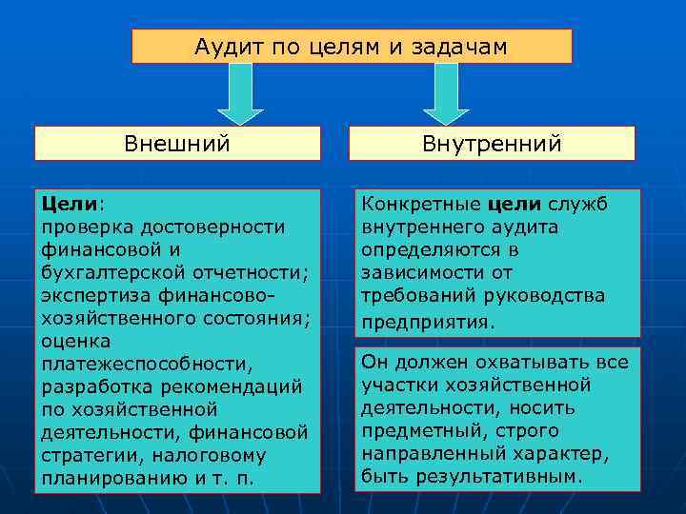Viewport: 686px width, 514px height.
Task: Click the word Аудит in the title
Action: pos(223,46)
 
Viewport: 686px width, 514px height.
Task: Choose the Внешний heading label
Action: pos(177,144)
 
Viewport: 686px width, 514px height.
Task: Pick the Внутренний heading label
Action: pos(492,144)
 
